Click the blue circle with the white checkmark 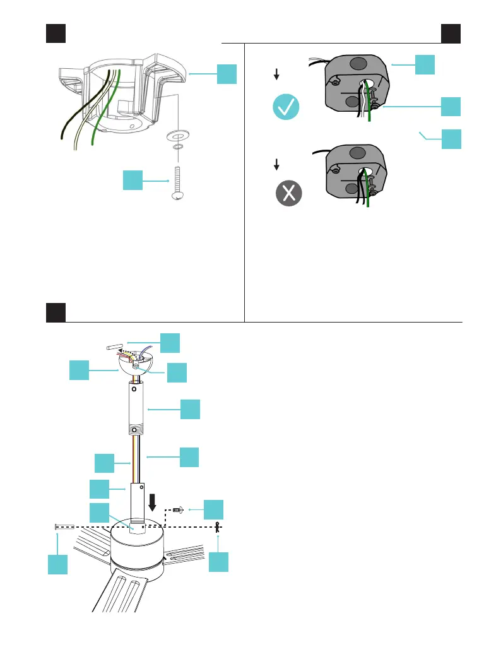pos(286,108)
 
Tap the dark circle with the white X pos(288,194)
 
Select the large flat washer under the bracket pos(179,136)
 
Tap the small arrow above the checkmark pos(276,74)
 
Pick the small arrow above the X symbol pos(276,164)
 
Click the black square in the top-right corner pos(451,33)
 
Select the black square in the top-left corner pos(56,33)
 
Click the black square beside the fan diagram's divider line pos(56,312)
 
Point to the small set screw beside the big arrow pos(177,508)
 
